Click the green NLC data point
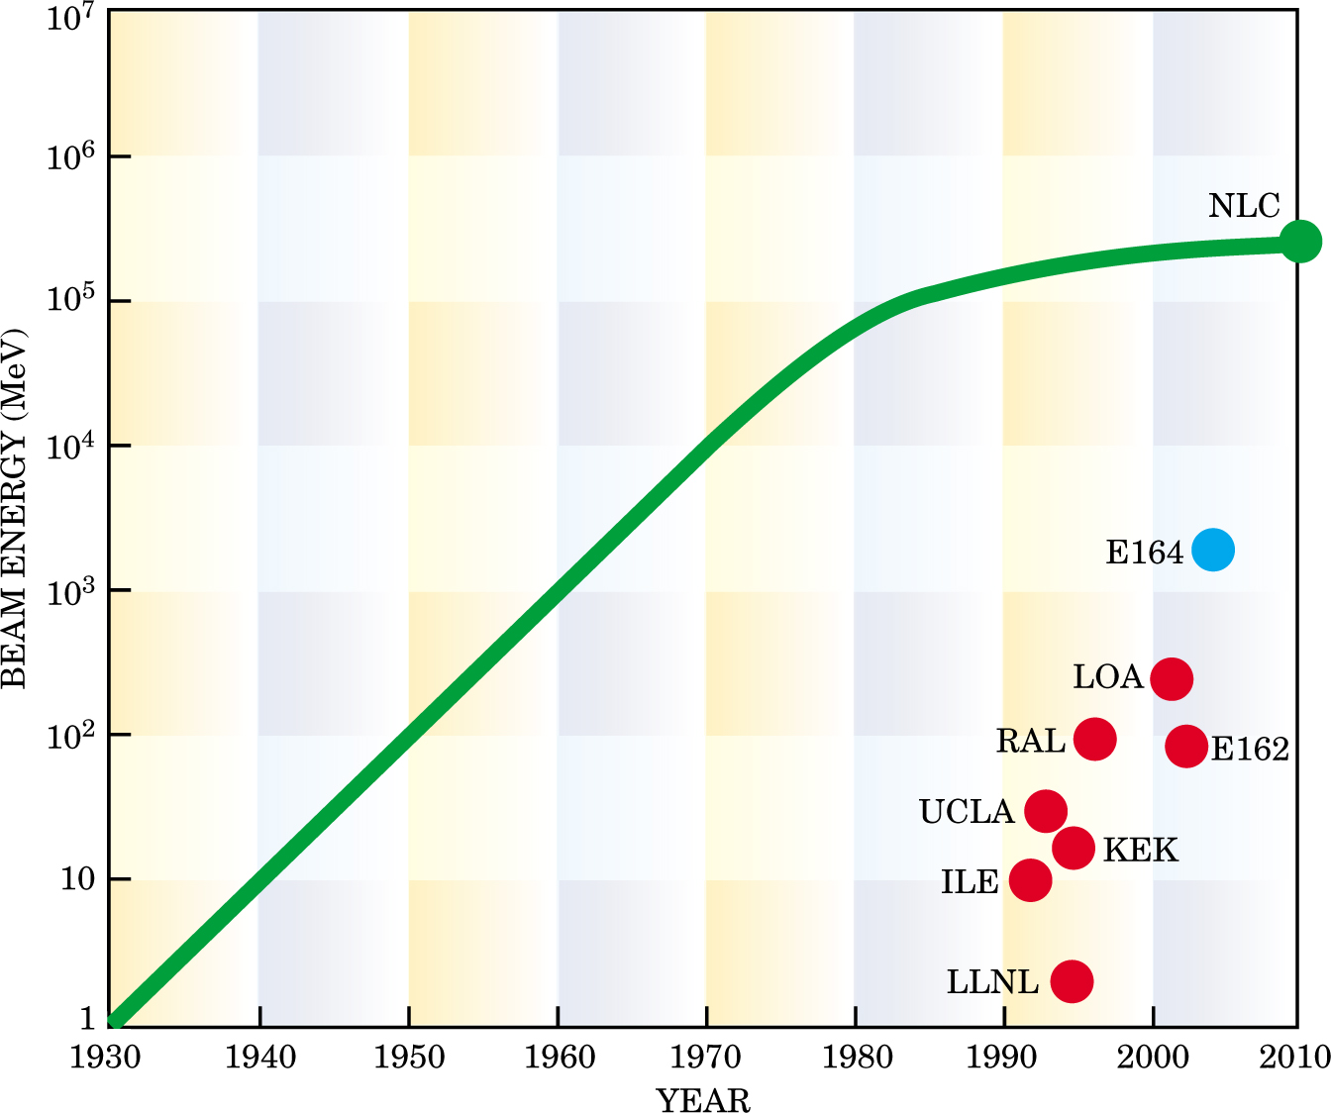tap(1300, 242)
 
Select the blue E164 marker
tap(1213, 550)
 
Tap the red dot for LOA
tap(1172, 679)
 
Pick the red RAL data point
tap(1095, 739)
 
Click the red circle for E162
tap(1186, 746)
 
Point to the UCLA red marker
tap(1046, 812)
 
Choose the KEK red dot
tap(1074, 849)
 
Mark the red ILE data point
tap(1031, 880)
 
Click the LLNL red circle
tap(1072, 981)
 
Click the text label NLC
tap(1244, 206)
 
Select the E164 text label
tap(1144, 553)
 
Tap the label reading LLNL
tap(992, 982)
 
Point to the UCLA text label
tap(967, 812)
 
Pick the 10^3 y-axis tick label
tap(69, 592)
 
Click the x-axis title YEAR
tap(703, 1099)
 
